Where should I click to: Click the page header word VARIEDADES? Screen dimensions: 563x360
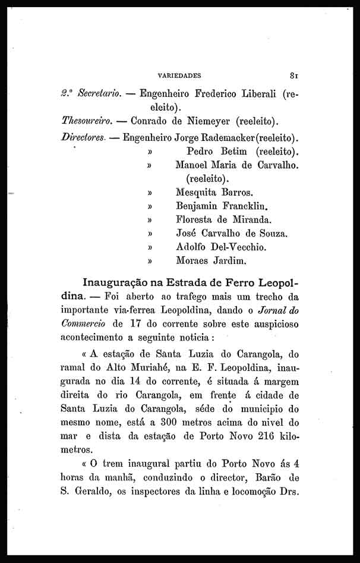pos(179,76)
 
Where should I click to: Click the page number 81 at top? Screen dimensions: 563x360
pos(293,76)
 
